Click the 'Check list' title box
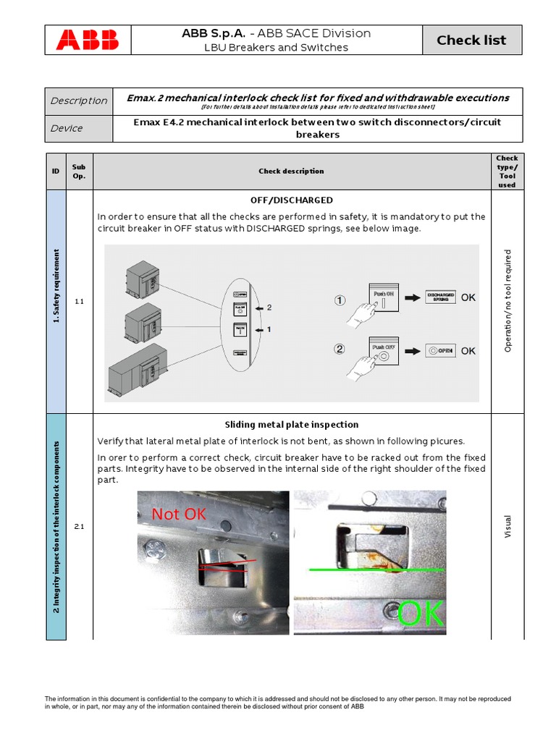(471, 40)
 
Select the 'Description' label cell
(79, 101)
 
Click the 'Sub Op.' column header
(79, 172)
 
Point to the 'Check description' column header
(291, 172)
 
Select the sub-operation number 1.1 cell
(79, 301)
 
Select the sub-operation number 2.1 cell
(79, 527)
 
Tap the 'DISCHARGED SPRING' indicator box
(440, 297)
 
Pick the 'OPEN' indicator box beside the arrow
(440, 350)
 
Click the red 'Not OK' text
(179, 515)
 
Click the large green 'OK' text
(421, 613)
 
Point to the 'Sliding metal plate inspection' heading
(291, 425)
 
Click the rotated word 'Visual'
(507, 526)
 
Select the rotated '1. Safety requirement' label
(56, 286)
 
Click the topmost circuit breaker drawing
(143, 277)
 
